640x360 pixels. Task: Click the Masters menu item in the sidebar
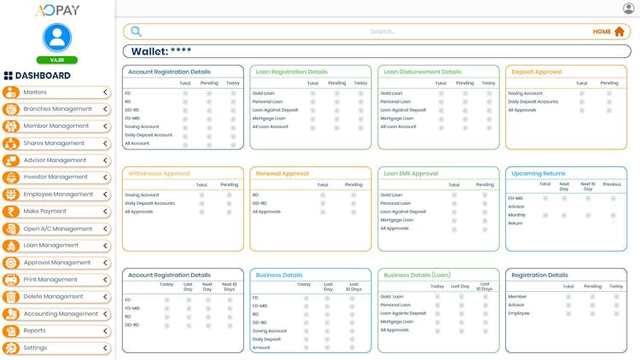point(36,92)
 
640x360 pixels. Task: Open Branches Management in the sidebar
point(57,109)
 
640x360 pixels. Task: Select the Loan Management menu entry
point(51,246)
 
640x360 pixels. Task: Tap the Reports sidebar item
point(35,331)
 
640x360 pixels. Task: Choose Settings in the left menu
point(36,348)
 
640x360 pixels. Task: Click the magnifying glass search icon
point(136,32)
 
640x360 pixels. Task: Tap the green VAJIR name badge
point(57,60)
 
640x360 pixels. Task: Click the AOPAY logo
point(57,10)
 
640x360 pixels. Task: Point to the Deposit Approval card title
point(537,73)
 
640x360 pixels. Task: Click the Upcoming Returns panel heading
point(538,173)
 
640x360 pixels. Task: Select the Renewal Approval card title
point(282,173)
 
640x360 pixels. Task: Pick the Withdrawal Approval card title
point(160,173)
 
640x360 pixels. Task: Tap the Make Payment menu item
point(45,212)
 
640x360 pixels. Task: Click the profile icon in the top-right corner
point(629,9)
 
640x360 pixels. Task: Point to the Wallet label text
point(150,51)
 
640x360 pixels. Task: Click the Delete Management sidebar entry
point(53,297)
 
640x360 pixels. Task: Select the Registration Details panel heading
point(539,276)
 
